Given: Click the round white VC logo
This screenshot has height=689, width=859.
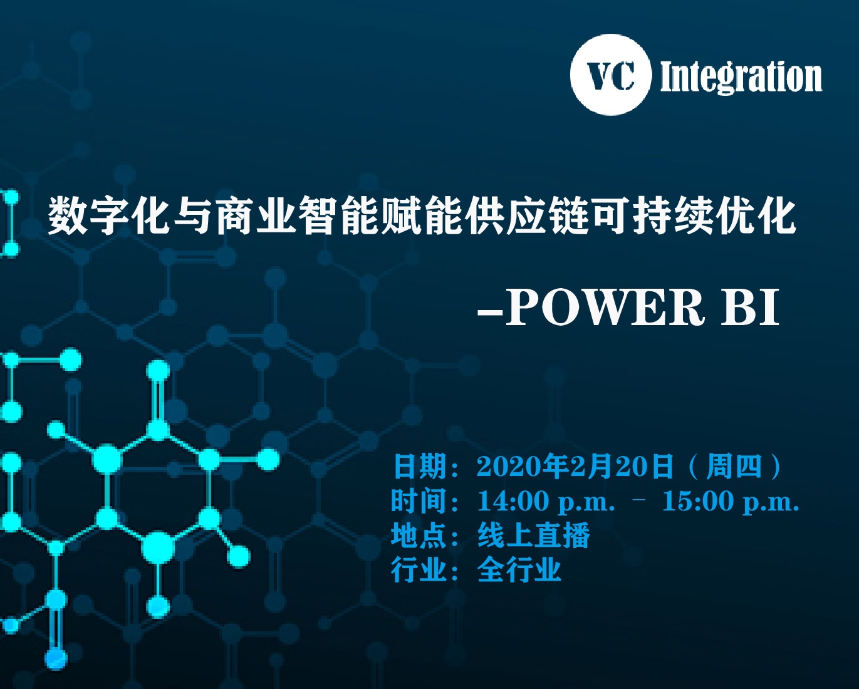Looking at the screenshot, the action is tap(610, 75).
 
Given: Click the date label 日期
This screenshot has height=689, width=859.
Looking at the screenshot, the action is tap(420, 466).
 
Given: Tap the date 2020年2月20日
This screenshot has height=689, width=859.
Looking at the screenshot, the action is tap(575, 466).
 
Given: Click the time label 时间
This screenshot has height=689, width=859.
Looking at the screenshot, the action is tap(419, 500).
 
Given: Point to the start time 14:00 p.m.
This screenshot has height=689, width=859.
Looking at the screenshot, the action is tap(546, 501).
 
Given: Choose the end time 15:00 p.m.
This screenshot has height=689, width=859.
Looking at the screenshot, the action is tap(731, 501).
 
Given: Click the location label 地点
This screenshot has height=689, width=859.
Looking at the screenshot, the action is tap(419, 535).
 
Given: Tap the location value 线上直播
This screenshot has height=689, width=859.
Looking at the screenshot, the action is tap(533, 535).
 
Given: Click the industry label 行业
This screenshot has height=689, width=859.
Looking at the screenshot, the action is tap(419, 569).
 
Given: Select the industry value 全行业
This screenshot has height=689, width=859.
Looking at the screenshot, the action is tap(519, 569).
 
